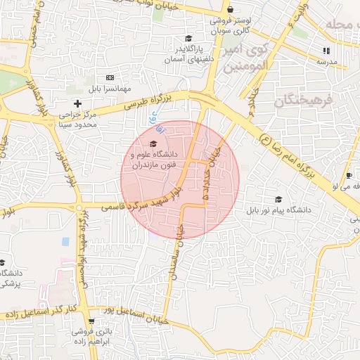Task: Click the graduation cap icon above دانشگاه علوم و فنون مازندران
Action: point(154,143)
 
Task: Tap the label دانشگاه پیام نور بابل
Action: point(278,210)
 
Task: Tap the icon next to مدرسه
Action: point(325,51)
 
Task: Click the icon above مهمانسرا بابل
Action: point(109,77)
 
